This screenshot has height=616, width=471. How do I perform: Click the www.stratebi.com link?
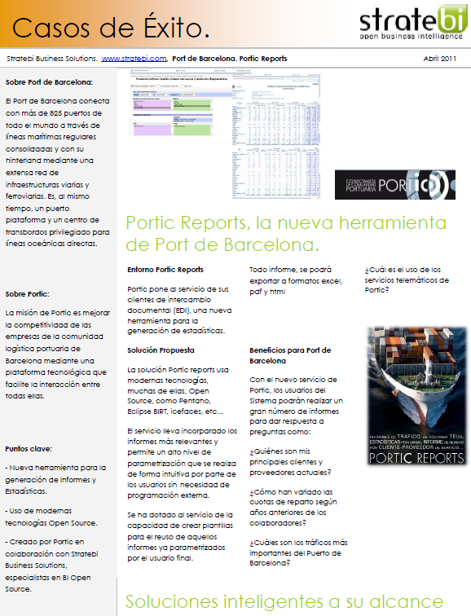coord(134,59)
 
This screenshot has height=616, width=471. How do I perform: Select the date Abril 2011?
coord(441,59)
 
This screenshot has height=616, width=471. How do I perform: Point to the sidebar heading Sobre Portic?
coord(28,294)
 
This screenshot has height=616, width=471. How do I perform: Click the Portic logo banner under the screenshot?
coord(394,185)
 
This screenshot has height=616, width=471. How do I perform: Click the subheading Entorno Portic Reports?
coord(165,270)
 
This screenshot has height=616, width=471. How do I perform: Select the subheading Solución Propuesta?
coord(161,350)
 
